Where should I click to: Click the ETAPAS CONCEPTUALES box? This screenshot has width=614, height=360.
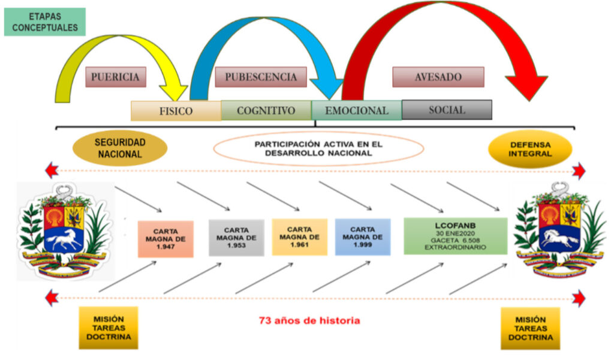45,22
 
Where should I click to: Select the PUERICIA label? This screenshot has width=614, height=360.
116,77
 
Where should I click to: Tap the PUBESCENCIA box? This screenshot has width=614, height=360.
260,77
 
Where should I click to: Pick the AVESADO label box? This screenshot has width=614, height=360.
438,77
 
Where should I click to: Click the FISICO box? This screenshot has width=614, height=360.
176,111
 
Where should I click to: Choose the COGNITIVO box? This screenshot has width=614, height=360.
266,110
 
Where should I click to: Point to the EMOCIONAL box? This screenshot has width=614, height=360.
356,110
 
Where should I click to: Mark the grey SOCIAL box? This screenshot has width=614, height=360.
447,110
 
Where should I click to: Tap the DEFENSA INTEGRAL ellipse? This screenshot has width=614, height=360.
530,149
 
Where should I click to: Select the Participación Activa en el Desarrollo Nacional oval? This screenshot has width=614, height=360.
318,148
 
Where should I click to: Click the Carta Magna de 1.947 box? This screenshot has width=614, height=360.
165,239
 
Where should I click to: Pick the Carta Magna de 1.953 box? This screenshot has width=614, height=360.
236,238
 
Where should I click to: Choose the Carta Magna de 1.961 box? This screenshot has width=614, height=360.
299,237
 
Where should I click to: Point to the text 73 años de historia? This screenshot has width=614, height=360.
309,320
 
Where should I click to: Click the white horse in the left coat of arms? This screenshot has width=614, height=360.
62,239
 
